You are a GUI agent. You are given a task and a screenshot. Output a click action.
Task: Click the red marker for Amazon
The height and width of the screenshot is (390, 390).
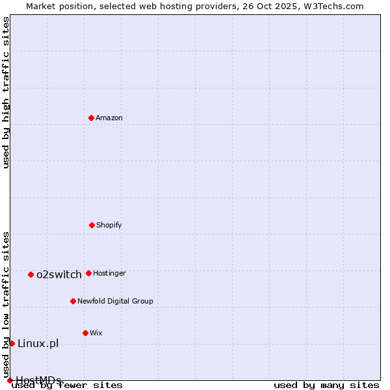click(x=91, y=118)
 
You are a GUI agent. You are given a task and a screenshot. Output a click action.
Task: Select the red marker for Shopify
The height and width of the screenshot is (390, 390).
click(x=92, y=225)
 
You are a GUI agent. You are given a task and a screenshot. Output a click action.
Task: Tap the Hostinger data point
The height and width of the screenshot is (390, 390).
click(x=88, y=273)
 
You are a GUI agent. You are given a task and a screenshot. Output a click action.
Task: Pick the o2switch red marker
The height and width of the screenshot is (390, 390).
click(x=31, y=274)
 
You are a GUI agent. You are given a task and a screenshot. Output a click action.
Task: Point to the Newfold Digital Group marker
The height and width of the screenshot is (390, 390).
click(x=73, y=301)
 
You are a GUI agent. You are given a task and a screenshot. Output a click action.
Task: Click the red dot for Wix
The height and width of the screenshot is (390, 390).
click(x=85, y=333)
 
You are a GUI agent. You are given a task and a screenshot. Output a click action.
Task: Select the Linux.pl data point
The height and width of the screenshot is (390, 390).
click(x=12, y=343)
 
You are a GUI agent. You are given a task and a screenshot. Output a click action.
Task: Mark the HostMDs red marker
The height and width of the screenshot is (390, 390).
click(x=10, y=380)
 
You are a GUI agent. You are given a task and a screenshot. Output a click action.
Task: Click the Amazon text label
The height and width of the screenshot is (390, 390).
click(x=109, y=118)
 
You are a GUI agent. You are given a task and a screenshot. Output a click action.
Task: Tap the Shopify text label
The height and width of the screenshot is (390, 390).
click(x=109, y=225)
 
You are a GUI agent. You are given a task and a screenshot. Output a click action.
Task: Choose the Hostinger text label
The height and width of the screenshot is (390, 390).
click(x=109, y=273)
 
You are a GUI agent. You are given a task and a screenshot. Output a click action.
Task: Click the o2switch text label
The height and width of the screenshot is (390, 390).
click(x=59, y=274)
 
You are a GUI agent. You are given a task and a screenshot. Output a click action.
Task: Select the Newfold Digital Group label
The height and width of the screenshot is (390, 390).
click(x=115, y=301)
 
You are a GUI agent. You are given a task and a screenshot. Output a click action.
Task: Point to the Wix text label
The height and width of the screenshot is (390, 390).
click(x=96, y=333)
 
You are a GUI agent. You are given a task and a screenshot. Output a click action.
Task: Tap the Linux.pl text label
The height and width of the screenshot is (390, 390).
click(x=38, y=343)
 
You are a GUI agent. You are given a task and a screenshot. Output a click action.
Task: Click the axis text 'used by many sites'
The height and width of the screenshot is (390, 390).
click(x=326, y=385)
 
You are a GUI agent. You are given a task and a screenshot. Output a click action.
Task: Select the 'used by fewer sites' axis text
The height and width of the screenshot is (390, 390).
click(x=67, y=385)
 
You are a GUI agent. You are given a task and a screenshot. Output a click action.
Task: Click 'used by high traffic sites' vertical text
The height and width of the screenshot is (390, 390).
click(x=6, y=92)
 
